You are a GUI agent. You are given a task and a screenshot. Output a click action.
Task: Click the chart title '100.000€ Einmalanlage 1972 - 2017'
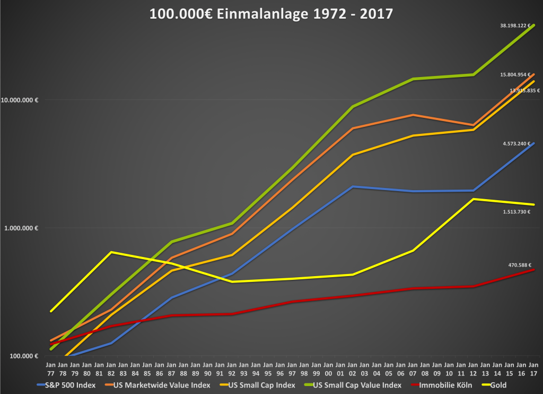click(271, 13)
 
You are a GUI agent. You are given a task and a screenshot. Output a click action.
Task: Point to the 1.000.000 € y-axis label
click(21, 228)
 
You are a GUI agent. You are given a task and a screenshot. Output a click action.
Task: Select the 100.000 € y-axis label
click(23, 356)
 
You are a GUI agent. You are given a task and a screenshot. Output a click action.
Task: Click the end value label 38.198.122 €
click(515, 25)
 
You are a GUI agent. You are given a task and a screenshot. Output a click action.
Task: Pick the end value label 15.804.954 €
click(515, 75)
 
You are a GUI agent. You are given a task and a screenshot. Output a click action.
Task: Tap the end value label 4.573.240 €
click(517, 143)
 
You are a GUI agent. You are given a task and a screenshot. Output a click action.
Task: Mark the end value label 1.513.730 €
click(517, 211)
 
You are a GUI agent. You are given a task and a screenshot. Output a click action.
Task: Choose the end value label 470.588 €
click(519, 264)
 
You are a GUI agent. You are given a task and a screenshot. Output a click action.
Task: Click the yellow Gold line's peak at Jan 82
click(111, 252)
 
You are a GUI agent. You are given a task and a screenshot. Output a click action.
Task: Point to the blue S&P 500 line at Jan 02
click(352, 187)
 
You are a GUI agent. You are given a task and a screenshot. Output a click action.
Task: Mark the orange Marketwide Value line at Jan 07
click(413, 115)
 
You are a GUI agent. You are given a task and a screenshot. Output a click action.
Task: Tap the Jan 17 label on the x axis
click(533, 369)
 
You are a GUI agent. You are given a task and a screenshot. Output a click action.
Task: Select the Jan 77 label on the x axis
click(50, 369)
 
